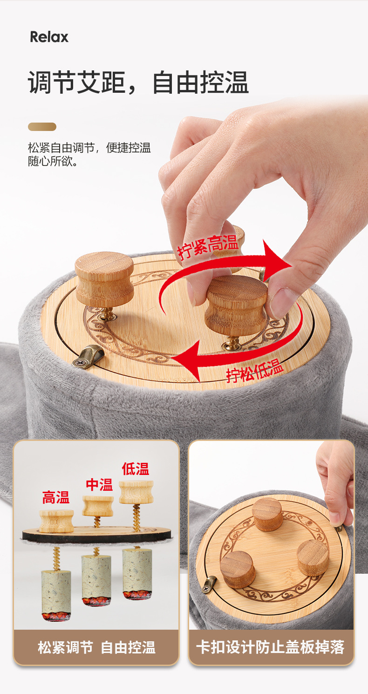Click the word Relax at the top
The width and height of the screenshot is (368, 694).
point(49,37)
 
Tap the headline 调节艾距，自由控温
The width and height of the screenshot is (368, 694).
point(138,83)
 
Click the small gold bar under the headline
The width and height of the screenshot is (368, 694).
point(42,127)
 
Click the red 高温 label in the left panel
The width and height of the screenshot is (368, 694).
point(56,497)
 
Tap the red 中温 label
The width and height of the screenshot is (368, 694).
point(99,484)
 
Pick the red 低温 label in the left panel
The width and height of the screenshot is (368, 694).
point(136,469)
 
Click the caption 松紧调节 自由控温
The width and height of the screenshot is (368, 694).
point(96,647)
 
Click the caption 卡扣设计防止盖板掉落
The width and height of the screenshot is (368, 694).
point(270,647)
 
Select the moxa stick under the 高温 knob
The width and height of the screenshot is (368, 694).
point(56,594)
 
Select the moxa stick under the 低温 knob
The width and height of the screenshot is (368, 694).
point(137,572)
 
